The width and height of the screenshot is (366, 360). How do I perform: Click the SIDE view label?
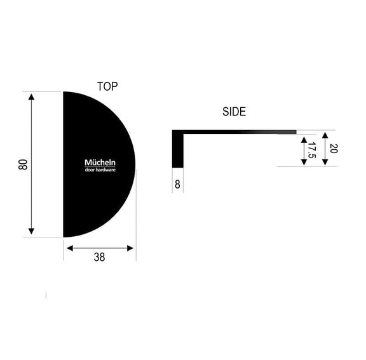234,112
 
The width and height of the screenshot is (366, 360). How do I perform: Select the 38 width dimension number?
99,257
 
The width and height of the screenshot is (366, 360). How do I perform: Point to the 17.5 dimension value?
311,150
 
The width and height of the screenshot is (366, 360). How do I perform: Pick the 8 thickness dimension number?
178,185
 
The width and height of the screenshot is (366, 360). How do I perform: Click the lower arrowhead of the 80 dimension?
31,232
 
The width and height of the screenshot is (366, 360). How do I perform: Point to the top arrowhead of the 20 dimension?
325,135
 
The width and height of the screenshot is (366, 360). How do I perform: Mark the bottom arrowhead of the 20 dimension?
325,162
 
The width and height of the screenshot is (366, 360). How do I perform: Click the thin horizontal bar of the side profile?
241,132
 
